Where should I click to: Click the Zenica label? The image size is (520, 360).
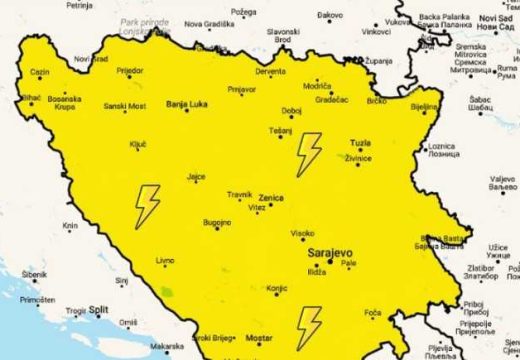click(x=271, y=197)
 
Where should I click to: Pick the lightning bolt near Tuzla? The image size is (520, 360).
click(x=309, y=152)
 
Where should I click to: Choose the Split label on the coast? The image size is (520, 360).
click(x=98, y=311)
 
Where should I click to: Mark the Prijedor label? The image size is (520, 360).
click(x=130, y=72)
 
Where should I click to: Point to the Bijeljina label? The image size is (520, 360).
click(x=425, y=105)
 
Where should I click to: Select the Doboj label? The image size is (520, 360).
click(x=292, y=111)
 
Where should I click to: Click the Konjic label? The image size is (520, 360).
click(x=278, y=289)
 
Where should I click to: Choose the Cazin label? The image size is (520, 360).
click(x=40, y=72)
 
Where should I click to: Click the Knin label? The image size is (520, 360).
click(x=70, y=226)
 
